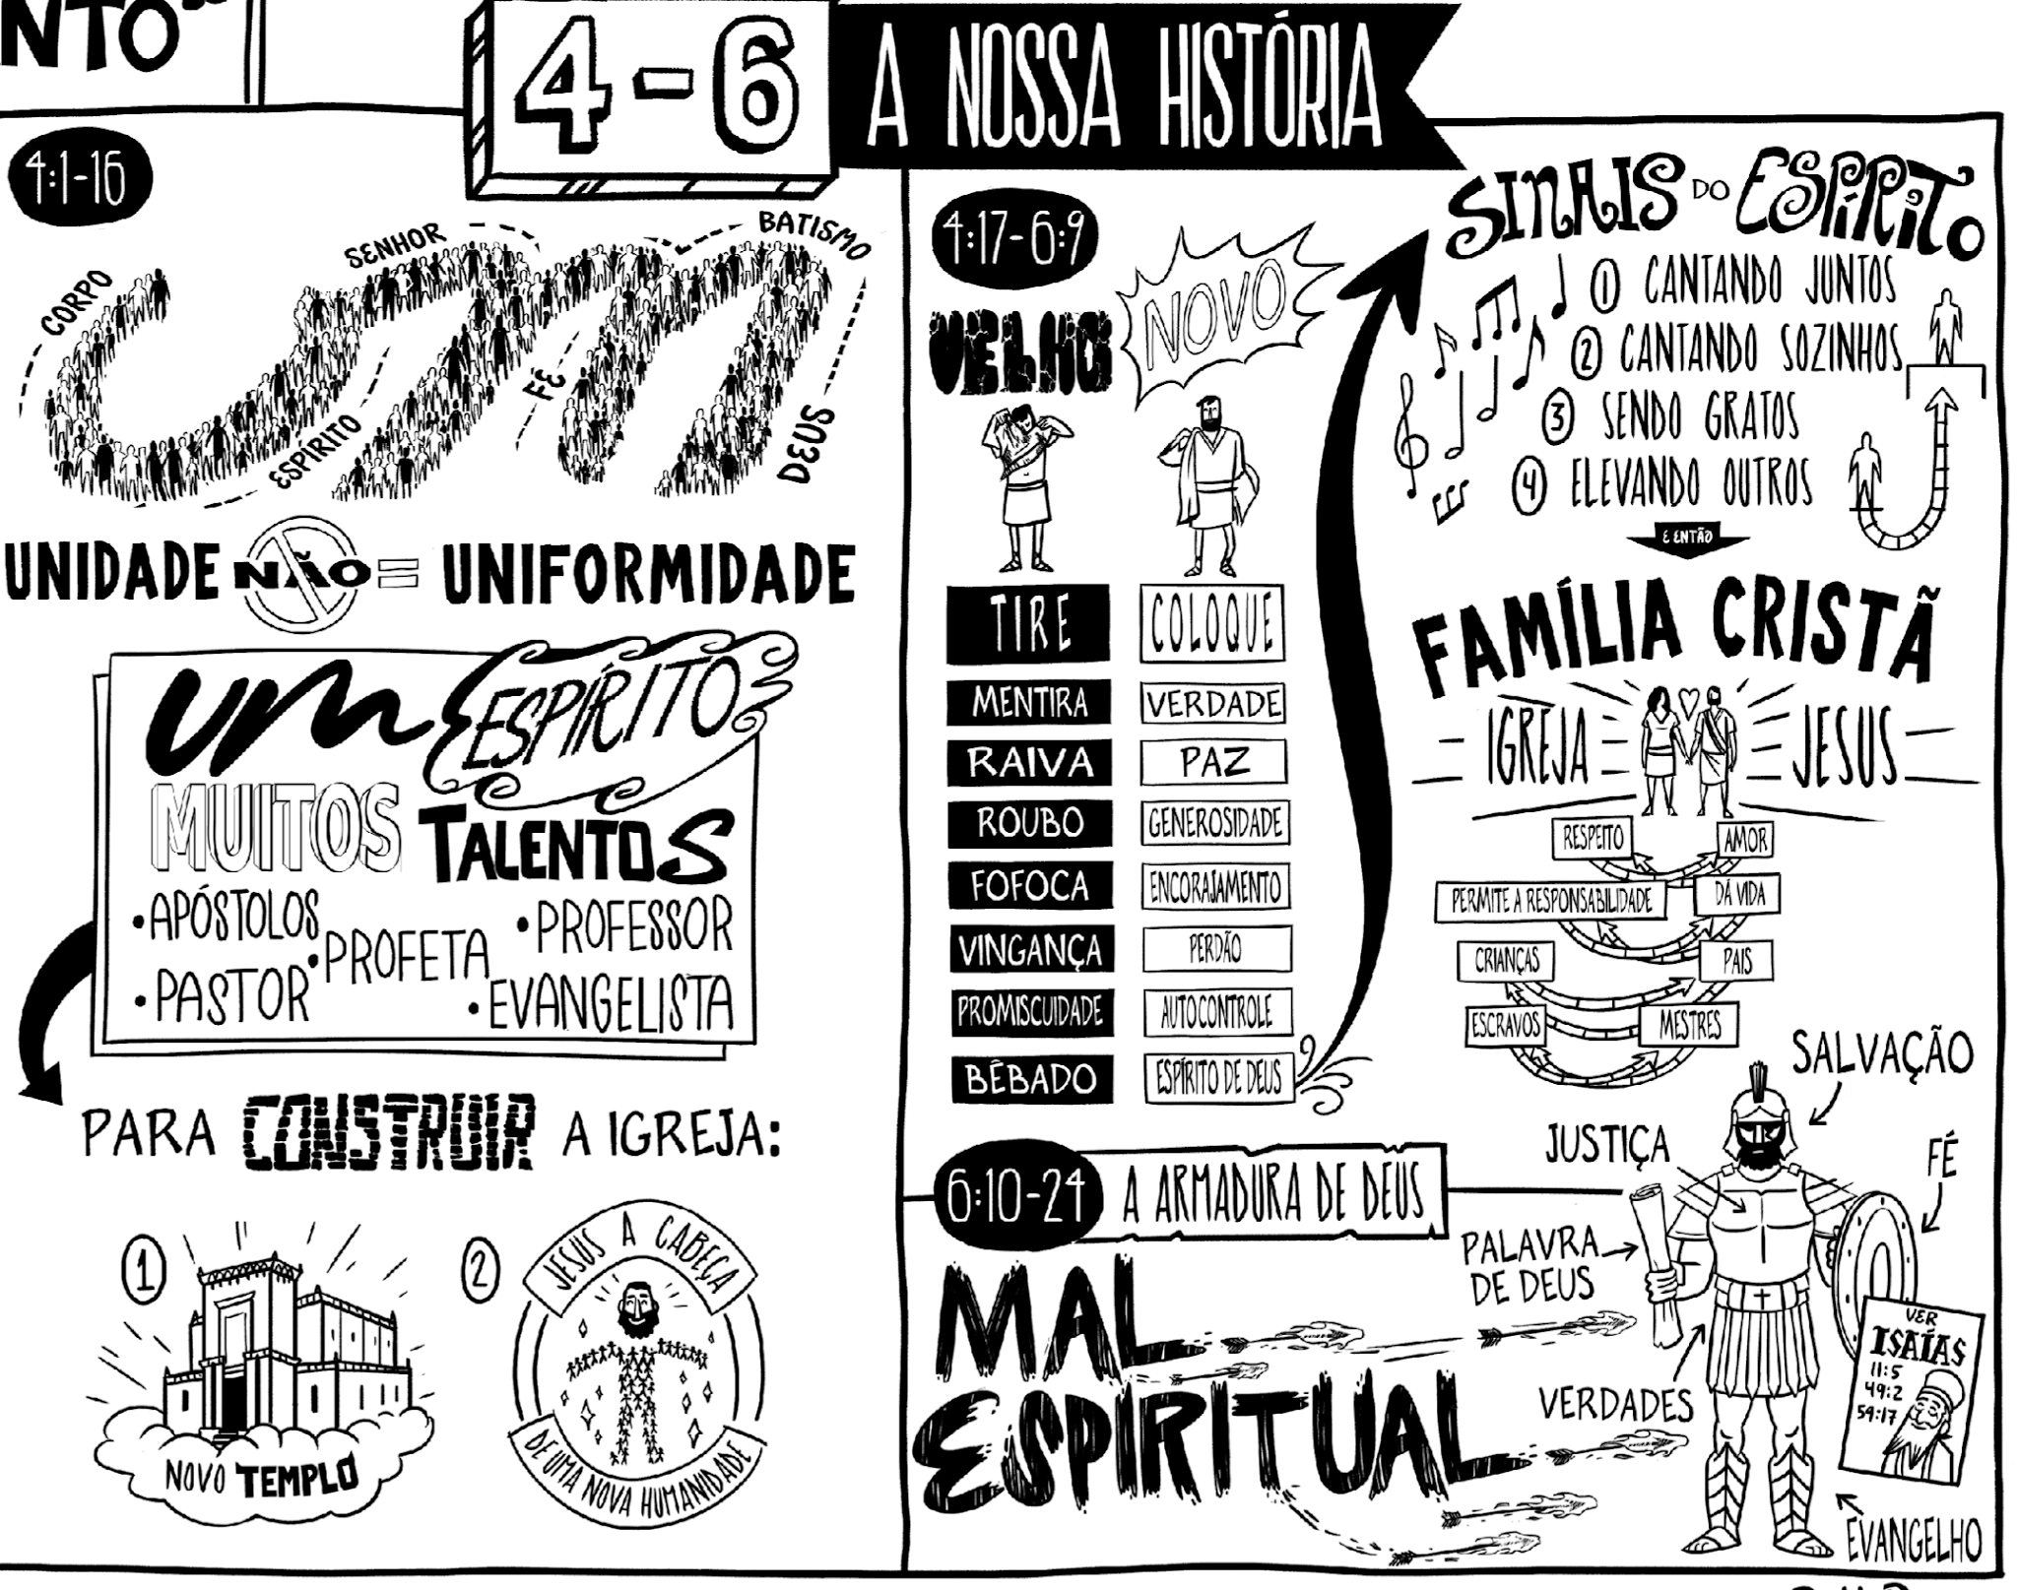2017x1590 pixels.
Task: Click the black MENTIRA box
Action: pyautogui.click(x=1028, y=703)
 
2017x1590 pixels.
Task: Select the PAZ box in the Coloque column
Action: pyautogui.click(x=1213, y=762)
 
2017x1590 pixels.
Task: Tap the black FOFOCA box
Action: pyautogui.click(x=1028, y=886)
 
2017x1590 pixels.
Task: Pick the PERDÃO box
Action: pyautogui.click(x=1215, y=949)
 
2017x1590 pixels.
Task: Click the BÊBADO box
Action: pyautogui.click(x=1030, y=1078)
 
